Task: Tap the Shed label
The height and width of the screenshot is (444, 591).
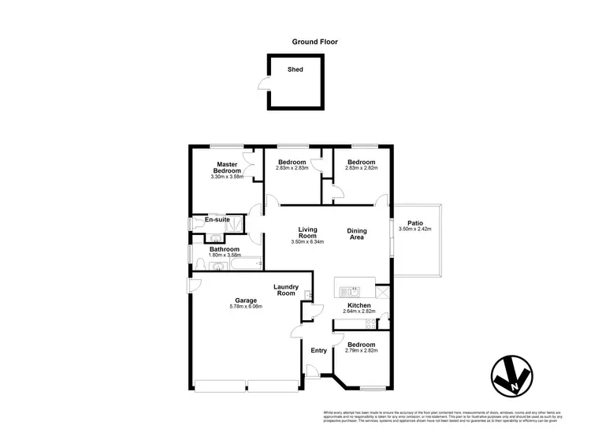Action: pos(296,69)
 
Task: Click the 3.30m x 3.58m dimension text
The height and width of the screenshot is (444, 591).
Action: pos(227,177)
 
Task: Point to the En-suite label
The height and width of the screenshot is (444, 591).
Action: pos(217,219)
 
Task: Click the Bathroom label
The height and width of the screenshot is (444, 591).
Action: pos(224,249)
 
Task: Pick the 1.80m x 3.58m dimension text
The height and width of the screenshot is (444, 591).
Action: pos(224,256)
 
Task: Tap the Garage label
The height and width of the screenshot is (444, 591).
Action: pos(244,300)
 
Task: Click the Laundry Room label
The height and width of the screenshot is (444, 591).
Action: pos(284,290)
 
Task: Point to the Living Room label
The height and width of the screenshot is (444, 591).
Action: pos(307,233)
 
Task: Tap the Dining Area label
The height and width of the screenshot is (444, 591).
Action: pos(357,233)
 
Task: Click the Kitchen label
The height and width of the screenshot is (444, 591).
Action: pos(359,305)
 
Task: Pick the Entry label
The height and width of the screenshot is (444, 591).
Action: pos(319,350)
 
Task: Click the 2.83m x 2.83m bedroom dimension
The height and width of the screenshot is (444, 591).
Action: pos(291,168)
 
